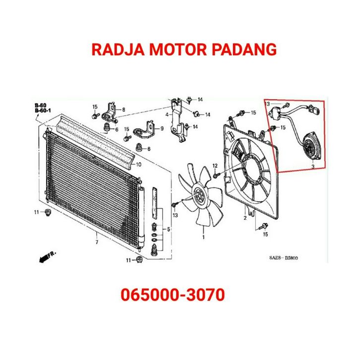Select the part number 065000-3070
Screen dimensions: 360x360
(x=173, y=296)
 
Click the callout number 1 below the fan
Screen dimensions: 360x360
(x=203, y=237)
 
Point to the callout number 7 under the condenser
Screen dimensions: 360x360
(x=97, y=242)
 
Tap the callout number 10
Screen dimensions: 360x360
(x=139, y=164)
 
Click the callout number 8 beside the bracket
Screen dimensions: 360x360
(x=123, y=109)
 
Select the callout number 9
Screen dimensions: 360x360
(x=161, y=129)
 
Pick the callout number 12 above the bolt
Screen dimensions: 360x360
(x=215, y=165)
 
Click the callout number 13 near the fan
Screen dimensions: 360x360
(x=175, y=215)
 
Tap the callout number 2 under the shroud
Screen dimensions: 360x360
(x=245, y=218)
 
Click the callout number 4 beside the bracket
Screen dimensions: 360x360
(x=167, y=116)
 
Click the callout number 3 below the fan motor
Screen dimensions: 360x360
(x=313, y=167)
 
